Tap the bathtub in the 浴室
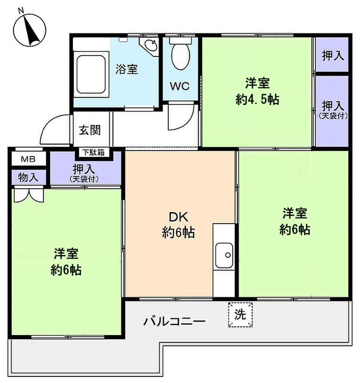[x=91, y=74]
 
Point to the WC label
[x=180, y=86]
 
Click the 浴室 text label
[x=127, y=69]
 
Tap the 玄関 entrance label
[x=90, y=130]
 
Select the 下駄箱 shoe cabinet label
[x=93, y=153]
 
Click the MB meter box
[x=28, y=159]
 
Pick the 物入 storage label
[x=28, y=177]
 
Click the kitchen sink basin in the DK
[x=224, y=255]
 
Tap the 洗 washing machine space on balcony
[x=240, y=315]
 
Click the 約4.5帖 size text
[x=257, y=99]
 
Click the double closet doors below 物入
[x=29, y=194]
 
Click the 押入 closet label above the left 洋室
[x=84, y=169]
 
